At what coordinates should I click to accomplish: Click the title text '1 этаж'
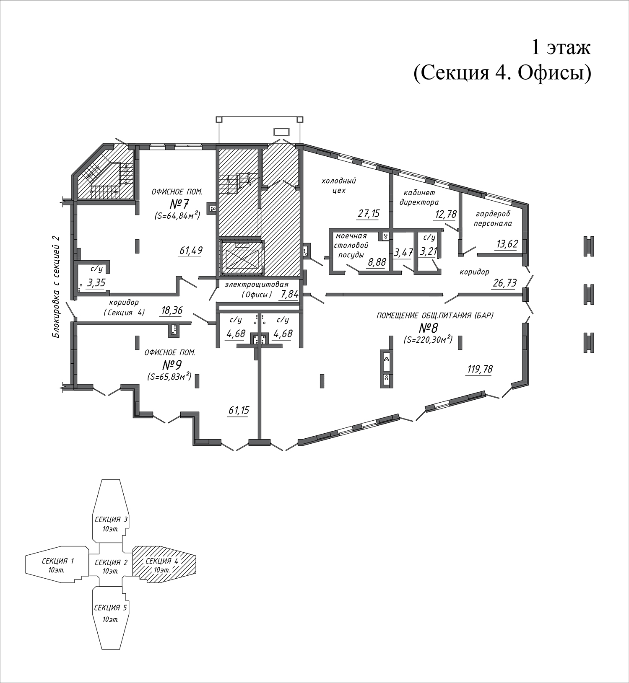point(561,47)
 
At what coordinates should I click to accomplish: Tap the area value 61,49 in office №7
point(191,251)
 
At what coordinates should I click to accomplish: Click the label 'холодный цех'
point(338,185)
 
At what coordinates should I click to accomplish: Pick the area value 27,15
point(369,214)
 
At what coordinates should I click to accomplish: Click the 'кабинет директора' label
point(419,197)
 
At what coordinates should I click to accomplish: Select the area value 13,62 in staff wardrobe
point(507,244)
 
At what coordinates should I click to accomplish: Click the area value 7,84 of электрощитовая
point(290,295)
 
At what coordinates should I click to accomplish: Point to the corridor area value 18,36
point(172,310)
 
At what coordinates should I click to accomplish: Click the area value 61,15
point(239,410)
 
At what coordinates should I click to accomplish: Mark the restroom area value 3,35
point(96,283)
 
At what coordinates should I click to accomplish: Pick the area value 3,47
point(403,253)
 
